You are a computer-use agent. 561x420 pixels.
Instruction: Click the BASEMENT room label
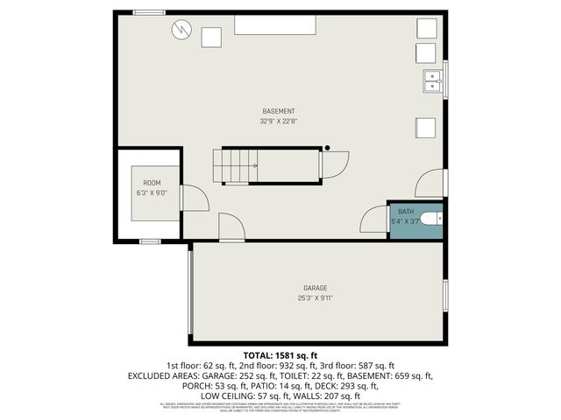pos(279,111)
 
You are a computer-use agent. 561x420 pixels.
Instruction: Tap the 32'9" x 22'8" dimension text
pos(279,122)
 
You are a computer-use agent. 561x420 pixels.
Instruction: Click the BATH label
pos(405,212)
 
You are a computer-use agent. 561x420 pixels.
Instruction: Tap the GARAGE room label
pos(316,288)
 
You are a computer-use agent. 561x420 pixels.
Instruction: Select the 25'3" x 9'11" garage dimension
pos(316,298)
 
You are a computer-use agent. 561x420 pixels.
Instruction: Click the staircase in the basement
pos(236,165)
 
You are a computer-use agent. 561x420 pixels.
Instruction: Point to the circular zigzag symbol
pos(181,30)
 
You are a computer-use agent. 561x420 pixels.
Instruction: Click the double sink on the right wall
pos(433,81)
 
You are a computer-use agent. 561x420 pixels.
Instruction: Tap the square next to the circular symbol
pos(212,37)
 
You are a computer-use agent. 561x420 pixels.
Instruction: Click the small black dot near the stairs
pos(327,148)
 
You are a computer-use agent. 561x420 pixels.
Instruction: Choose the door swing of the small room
pos(196,199)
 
